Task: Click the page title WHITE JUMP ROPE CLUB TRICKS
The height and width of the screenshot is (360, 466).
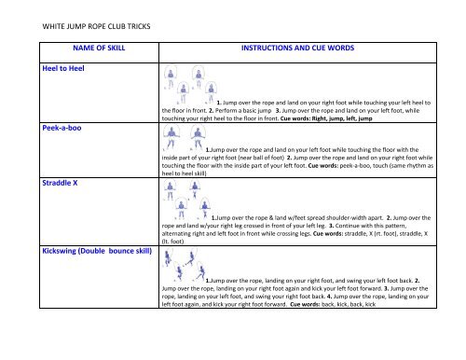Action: point(96,26)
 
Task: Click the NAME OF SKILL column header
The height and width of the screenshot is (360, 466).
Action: point(99,48)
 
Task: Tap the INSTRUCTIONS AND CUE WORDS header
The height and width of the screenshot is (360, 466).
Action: point(297,48)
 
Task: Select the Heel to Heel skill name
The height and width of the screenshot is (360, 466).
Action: point(63,68)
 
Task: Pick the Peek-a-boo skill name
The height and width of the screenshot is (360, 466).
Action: point(62,128)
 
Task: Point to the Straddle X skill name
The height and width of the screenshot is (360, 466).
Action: point(60,183)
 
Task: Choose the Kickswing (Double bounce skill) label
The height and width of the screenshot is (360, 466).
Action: point(97,251)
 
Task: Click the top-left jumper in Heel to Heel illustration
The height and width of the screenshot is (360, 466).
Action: point(171,76)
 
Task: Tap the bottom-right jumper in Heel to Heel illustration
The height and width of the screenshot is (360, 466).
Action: point(211,92)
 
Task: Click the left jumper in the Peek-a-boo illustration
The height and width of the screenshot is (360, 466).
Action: point(171,137)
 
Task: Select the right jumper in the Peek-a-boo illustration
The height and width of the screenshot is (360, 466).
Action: point(198,137)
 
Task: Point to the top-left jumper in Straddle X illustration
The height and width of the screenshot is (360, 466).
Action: point(170,190)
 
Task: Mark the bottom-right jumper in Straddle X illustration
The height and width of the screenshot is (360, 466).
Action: point(205,208)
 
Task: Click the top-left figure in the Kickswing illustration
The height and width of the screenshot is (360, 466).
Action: point(168,257)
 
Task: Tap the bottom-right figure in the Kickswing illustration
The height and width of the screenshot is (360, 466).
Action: point(200,271)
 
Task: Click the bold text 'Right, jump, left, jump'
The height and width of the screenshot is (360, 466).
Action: point(342,118)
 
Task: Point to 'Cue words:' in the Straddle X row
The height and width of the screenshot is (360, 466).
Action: point(328,233)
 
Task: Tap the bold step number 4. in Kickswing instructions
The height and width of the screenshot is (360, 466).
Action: point(329,297)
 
